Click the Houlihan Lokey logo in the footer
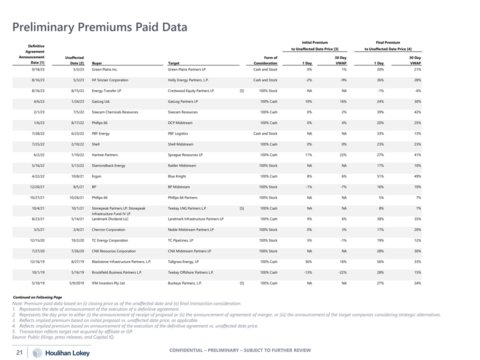click(62, 353)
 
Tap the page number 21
click(19, 353)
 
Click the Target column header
click(173, 63)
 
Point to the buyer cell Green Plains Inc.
click(104, 69)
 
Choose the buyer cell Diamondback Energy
click(108, 165)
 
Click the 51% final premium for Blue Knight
click(380, 176)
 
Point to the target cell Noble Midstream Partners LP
click(190, 229)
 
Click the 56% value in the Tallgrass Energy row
click(380, 261)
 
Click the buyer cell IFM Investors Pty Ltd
click(108, 283)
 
